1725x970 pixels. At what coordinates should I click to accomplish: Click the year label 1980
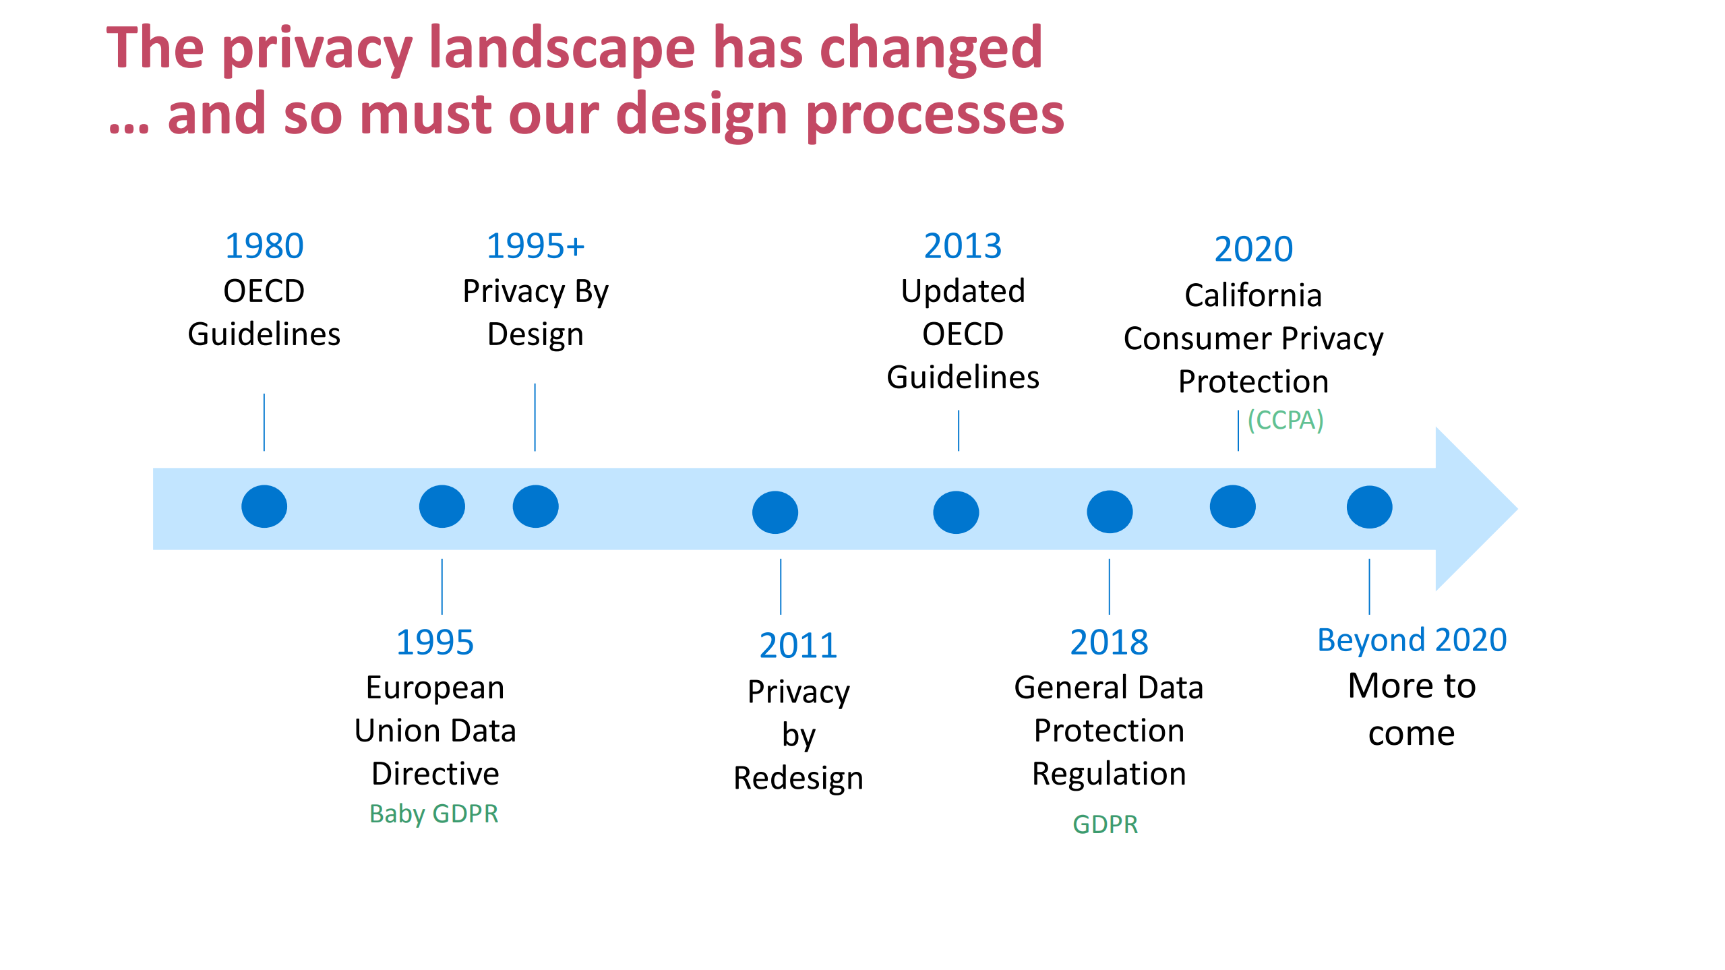pyautogui.click(x=264, y=246)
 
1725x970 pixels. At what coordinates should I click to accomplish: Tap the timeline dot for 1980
pyautogui.click(x=264, y=506)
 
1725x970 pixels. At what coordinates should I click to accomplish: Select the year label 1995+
pyautogui.click(x=535, y=246)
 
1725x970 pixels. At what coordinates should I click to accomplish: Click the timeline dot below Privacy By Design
pyautogui.click(x=535, y=506)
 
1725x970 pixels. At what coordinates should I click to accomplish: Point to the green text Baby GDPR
pyautogui.click(x=434, y=814)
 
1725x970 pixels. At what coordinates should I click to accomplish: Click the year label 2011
pyautogui.click(x=798, y=646)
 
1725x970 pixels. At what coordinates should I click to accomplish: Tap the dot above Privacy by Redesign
pyautogui.click(x=775, y=512)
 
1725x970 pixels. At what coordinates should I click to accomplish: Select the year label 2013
pyautogui.click(x=963, y=246)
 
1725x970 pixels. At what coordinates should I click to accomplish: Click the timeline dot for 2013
pyautogui.click(x=956, y=512)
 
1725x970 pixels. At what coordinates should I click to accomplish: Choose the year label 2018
pyautogui.click(x=1109, y=642)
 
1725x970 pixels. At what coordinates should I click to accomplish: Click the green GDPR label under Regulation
pyautogui.click(x=1106, y=824)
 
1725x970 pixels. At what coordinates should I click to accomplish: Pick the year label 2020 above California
pyautogui.click(x=1254, y=249)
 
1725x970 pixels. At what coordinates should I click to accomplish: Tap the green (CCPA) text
pyautogui.click(x=1285, y=420)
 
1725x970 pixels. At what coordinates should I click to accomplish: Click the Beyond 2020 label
pyautogui.click(x=1412, y=640)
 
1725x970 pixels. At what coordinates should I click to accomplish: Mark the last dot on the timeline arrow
pyautogui.click(x=1369, y=507)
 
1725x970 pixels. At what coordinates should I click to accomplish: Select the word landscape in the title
pyautogui.click(x=562, y=49)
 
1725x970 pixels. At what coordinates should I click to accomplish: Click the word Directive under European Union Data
pyautogui.click(x=435, y=774)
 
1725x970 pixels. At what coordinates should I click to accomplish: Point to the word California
pyautogui.click(x=1253, y=295)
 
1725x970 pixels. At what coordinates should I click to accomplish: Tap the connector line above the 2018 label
pyautogui.click(x=1110, y=586)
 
